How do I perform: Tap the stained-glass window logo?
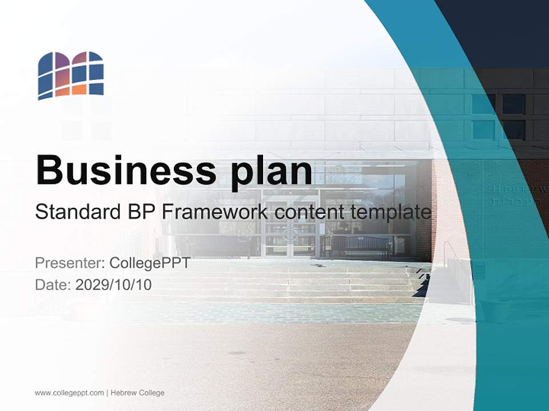pyautogui.click(x=71, y=75)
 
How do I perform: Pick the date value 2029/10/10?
pyautogui.click(x=114, y=284)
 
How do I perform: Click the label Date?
pyautogui.click(x=53, y=284)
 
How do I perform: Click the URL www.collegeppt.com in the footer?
pyautogui.click(x=69, y=393)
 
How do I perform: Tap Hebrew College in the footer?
pyautogui.click(x=137, y=393)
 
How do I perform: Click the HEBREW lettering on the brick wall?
pyautogui.click(x=518, y=188)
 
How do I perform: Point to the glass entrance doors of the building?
pyautogui.click(x=290, y=231)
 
